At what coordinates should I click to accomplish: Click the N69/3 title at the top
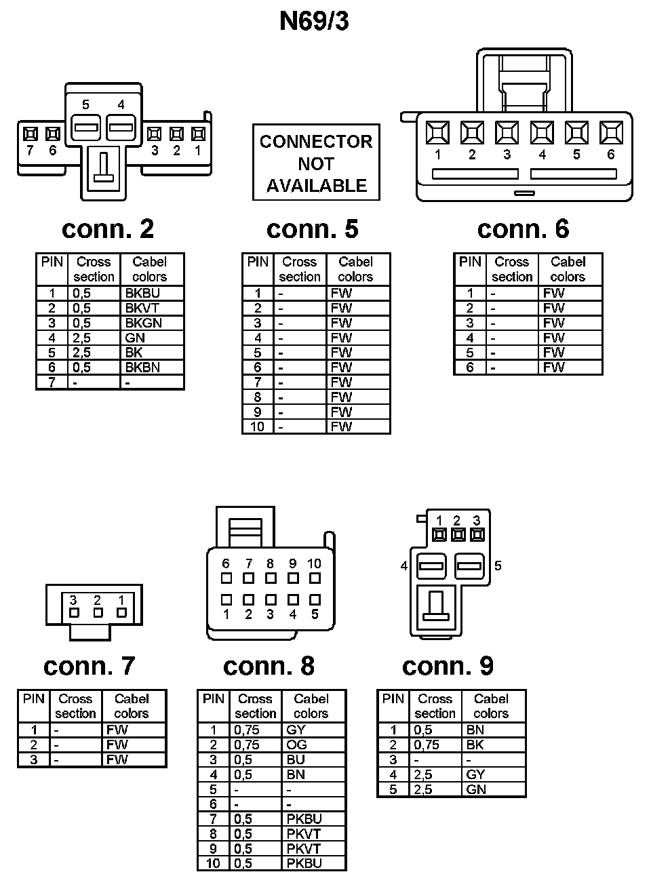pyautogui.click(x=314, y=22)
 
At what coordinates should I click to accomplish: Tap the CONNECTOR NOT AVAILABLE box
pyautogui.click(x=316, y=163)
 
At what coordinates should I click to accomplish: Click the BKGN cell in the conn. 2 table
pyautogui.click(x=144, y=323)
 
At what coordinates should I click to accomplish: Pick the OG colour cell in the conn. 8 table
pyautogui.click(x=296, y=745)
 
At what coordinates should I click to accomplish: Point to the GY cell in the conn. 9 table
pyautogui.click(x=476, y=775)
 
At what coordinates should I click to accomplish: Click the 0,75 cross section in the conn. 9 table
pyautogui.click(x=427, y=745)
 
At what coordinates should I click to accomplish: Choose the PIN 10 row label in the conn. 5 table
pyautogui.click(x=257, y=427)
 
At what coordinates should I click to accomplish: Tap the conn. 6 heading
pyautogui.click(x=523, y=229)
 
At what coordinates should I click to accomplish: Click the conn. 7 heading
pyautogui.click(x=90, y=666)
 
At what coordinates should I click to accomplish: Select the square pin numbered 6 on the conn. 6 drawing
pyautogui.click(x=611, y=132)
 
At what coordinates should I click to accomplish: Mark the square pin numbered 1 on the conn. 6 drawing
pyautogui.click(x=437, y=132)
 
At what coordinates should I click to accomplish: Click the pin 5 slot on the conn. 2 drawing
pyautogui.click(x=86, y=126)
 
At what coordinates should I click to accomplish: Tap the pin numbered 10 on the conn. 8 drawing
pyautogui.click(x=315, y=578)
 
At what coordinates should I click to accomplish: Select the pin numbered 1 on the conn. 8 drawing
pyautogui.click(x=226, y=600)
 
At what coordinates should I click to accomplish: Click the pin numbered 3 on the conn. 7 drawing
pyautogui.click(x=74, y=612)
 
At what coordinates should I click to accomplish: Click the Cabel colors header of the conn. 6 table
pyautogui.click(x=568, y=269)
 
